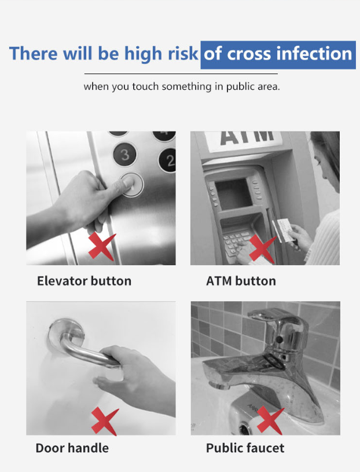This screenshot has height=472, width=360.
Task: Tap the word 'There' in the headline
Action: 33,54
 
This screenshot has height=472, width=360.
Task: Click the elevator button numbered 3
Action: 125,154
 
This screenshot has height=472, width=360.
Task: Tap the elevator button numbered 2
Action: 168,160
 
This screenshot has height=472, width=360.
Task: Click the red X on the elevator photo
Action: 102,246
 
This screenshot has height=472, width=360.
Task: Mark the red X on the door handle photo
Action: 105,421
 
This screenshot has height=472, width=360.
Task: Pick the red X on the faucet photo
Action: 270,420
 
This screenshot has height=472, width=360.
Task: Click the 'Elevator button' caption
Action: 84,281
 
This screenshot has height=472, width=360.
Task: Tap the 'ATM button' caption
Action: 241,281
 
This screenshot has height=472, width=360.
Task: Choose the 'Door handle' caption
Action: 72,448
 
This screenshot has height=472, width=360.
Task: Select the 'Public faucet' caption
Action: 245,448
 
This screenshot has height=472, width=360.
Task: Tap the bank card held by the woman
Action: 283,230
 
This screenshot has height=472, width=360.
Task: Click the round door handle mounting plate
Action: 65,332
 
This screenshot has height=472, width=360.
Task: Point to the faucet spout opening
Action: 214,385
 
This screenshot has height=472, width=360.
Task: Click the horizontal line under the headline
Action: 181,74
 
